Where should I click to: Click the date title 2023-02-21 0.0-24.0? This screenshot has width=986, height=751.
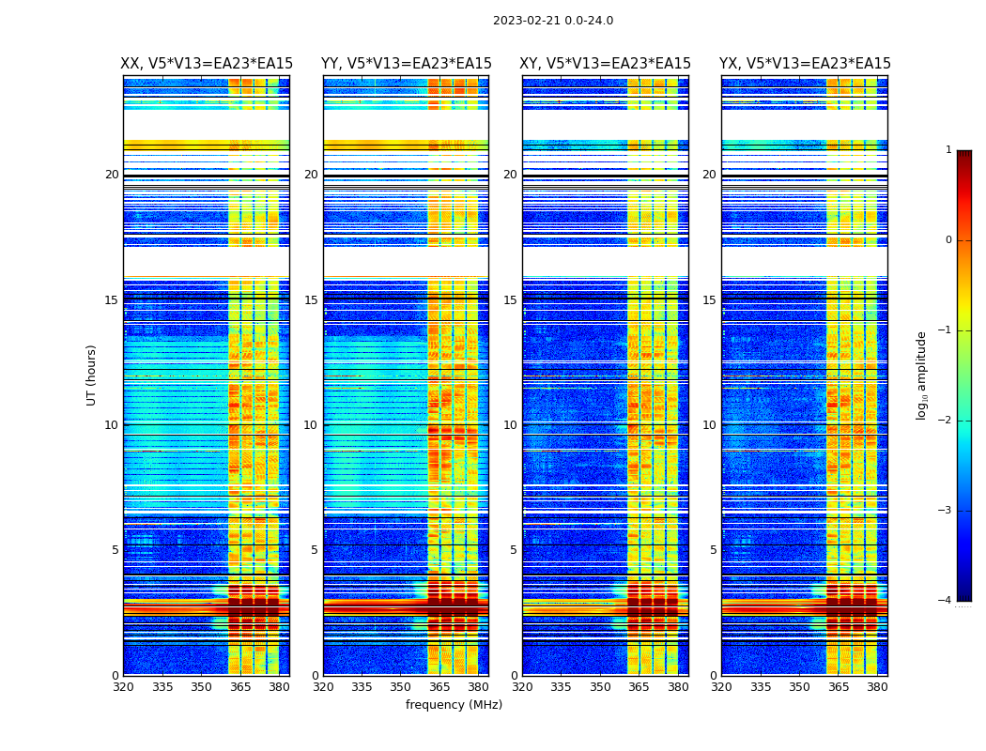pyautogui.click(x=553, y=21)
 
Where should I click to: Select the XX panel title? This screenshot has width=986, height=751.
pyautogui.click(x=207, y=64)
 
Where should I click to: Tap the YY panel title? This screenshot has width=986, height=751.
pyautogui.click(x=407, y=64)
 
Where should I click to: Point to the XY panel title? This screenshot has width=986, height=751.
pyautogui.click(x=606, y=64)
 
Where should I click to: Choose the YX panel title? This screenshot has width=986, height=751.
pyautogui.click(x=805, y=64)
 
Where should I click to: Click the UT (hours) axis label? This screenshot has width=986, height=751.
pyautogui.click(x=91, y=375)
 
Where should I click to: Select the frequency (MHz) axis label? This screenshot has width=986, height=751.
pyautogui.click(x=454, y=705)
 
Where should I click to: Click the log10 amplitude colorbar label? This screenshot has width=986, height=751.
pyautogui.click(x=922, y=375)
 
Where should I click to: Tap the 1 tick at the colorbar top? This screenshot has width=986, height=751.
pyautogui.click(x=947, y=150)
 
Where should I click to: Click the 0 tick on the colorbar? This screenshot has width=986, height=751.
pyautogui.click(x=947, y=240)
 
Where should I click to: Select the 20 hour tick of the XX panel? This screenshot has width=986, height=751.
pyautogui.click(x=112, y=175)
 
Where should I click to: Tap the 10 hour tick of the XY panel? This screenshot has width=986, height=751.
pyautogui.click(x=512, y=425)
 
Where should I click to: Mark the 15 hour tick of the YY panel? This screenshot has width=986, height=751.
pyautogui.click(x=311, y=300)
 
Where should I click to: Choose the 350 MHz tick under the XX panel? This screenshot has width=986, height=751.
pyautogui.click(x=201, y=687)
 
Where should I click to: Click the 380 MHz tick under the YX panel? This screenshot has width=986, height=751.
pyautogui.click(x=877, y=687)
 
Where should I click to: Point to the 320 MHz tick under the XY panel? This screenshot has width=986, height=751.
pyautogui.click(x=522, y=687)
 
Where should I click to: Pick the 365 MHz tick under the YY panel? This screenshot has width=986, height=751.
pyautogui.click(x=439, y=687)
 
